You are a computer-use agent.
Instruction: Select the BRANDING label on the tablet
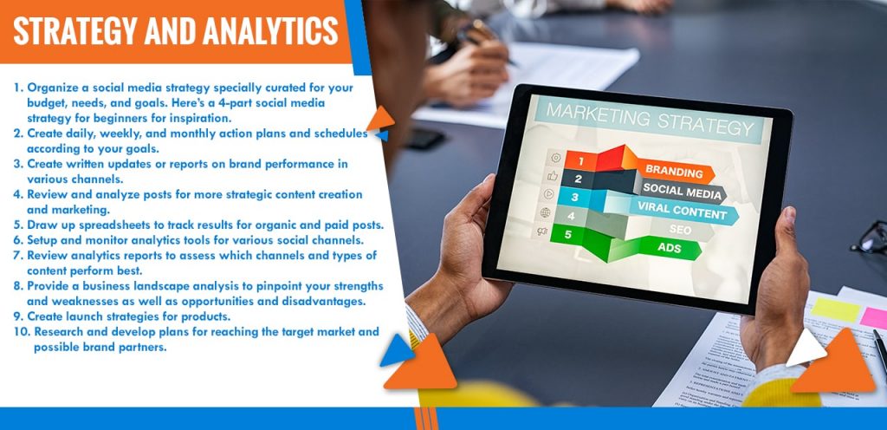(x=674, y=171)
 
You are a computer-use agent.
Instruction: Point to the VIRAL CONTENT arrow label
(x=683, y=211)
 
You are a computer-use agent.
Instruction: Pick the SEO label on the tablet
(x=680, y=230)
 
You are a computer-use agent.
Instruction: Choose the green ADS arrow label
(x=670, y=247)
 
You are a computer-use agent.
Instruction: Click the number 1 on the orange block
(x=579, y=161)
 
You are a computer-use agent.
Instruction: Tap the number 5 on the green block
(x=568, y=234)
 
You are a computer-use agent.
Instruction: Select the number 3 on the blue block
(x=575, y=198)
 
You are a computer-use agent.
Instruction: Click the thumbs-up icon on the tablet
(x=552, y=176)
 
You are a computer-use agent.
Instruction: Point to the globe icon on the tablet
(x=546, y=212)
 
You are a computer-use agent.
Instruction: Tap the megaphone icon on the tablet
(x=542, y=231)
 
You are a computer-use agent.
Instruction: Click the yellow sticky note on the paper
(x=835, y=310)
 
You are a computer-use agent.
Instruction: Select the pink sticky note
(x=873, y=317)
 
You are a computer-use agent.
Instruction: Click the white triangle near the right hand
(x=804, y=347)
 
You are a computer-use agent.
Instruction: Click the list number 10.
(x=22, y=331)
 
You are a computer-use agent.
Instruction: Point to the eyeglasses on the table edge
(x=870, y=238)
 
